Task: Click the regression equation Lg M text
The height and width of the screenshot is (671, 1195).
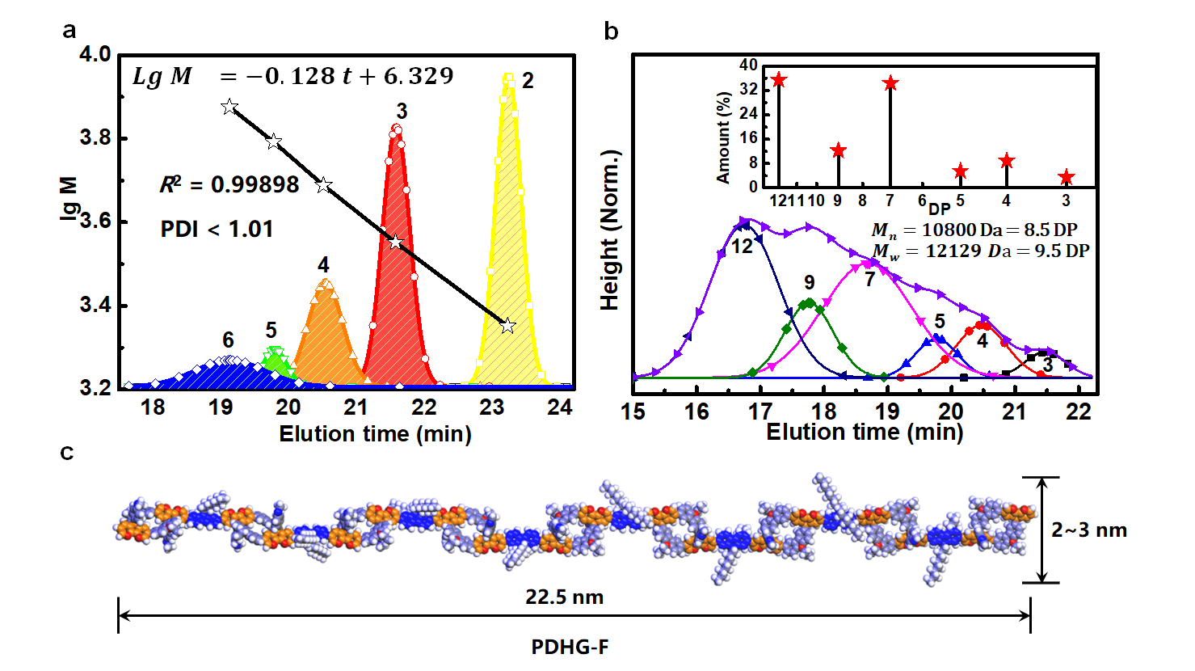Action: pyautogui.click(x=292, y=76)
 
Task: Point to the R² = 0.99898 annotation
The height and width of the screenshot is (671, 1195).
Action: pyautogui.click(x=229, y=185)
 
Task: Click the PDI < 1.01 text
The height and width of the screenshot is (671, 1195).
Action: pyautogui.click(x=217, y=230)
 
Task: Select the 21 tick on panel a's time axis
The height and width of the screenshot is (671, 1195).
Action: pyautogui.click(x=356, y=407)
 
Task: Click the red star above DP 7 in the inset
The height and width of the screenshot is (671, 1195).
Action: pyautogui.click(x=890, y=83)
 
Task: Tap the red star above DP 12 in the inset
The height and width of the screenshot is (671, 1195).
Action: pyautogui.click(x=779, y=80)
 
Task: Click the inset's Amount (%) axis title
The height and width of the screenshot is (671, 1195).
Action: pyautogui.click(x=723, y=137)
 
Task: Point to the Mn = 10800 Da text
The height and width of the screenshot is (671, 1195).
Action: pyautogui.click(x=974, y=231)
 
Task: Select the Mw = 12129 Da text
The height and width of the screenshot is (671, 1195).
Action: pyautogui.click(x=980, y=251)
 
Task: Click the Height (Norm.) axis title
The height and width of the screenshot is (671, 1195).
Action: pyautogui.click(x=610, y=230)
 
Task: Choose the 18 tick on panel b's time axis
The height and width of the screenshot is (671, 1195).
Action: pyautogui.click(x=823, y=411)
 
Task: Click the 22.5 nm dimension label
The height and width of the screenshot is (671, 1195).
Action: pyautogui.click(x=564, y=597)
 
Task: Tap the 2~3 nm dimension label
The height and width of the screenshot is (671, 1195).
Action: pyautogui.click(x=1088, y=530)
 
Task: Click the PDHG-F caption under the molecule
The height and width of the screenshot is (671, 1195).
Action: pyautogui.click(x=570, y=648)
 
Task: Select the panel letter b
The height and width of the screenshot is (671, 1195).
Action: pyautogui.click(x=612, y=32)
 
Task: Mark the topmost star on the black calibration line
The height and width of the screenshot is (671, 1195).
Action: pyautogui.click(x=229, y=107)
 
